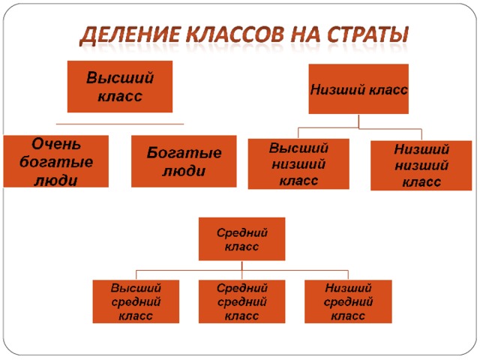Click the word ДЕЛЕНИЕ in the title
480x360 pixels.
pyautogui.click(x=130, y=34)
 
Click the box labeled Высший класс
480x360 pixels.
pyautogui.click(x=120, y=87)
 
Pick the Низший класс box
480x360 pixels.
pyautogui.click(x=358, y=89)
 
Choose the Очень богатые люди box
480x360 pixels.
pyautogui.click(x=56, y=161)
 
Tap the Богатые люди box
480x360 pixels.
pyautogui.click(x=184, y=161)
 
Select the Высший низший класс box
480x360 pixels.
pyautogui.click(x=298, y=164)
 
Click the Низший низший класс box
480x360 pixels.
pyautogui.click(x=421, y=166)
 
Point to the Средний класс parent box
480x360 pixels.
pyautogui.click(x=241, y=239)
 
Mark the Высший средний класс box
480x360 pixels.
pyautogui.click(x=136, y=301)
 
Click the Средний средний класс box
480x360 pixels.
pyautogui.click(x=241, y=301)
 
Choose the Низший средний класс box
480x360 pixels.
pyautogui.click(x=348, y=301)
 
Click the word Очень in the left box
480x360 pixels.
pyautogui.click(x=56, y=144)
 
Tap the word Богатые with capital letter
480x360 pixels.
pyautogui.click(x=184, y=153)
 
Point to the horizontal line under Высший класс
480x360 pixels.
pyautogui.click(x=120, y=124)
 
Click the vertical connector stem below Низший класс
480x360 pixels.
pyautogui.click(x=358, y=121)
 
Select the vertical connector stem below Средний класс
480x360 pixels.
pyautogui.click(x=242, y=270)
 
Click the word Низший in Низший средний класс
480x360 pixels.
pyautogui.click(x=348, y=288)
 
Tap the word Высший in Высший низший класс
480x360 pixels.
pyautogui.click(x=298, y=148)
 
